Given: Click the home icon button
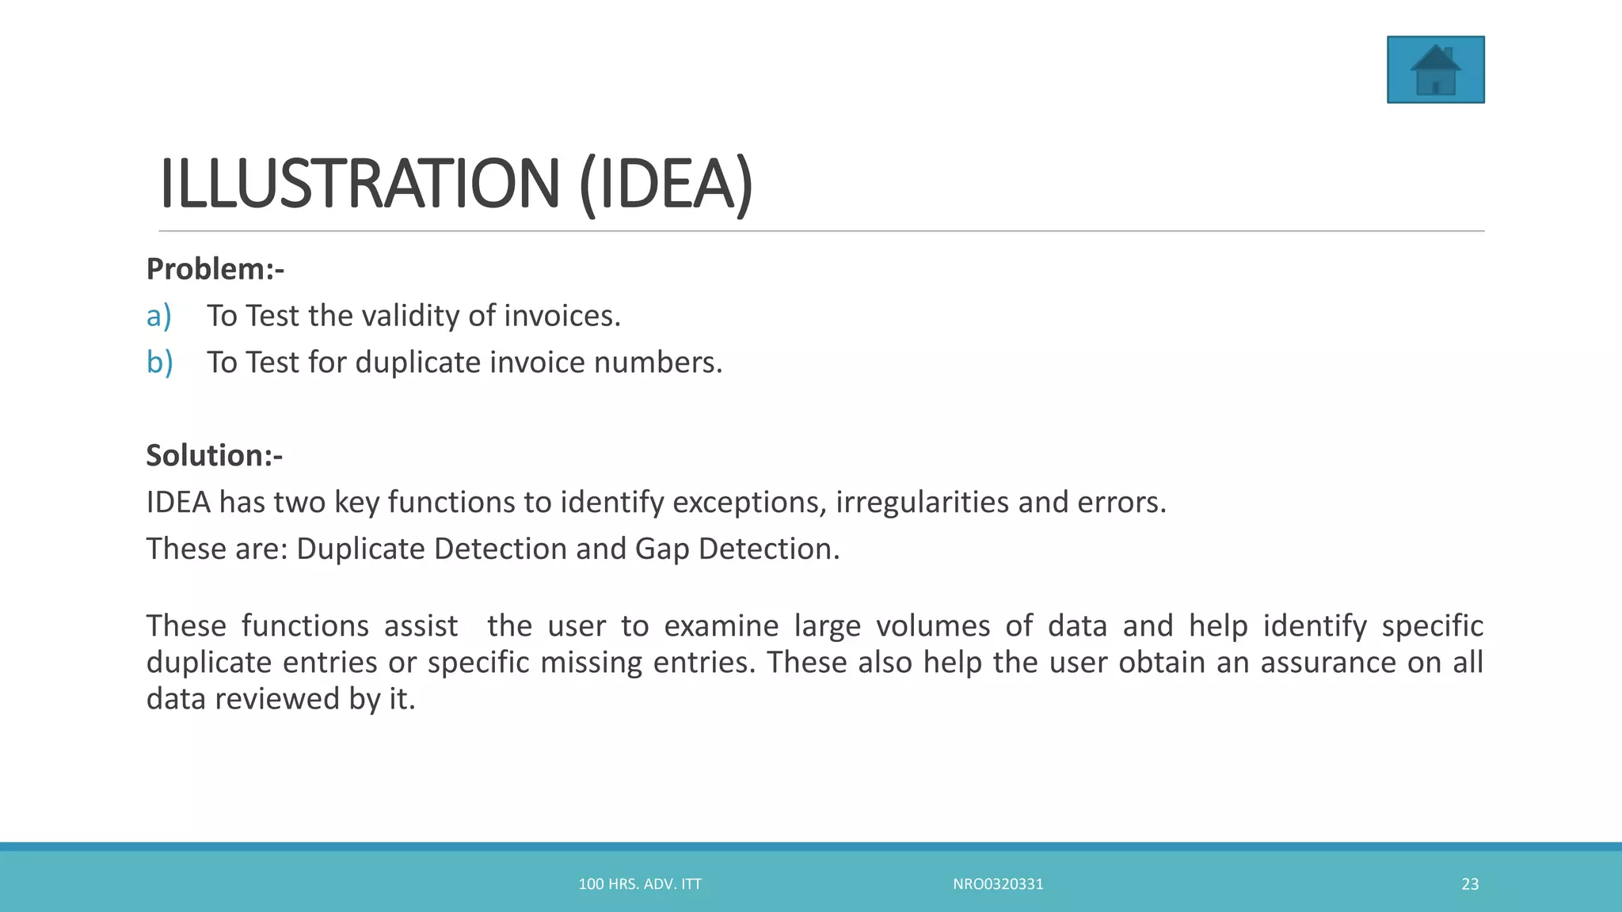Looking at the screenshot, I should point(1435,70).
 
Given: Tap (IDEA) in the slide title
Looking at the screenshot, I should point(666,184).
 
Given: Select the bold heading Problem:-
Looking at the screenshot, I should point(215,269).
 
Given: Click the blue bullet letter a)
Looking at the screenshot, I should point(158,316).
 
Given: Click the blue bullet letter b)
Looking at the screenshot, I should point(159,363).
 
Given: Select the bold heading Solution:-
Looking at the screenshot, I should point(214,455).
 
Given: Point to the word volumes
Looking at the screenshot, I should point(933,625).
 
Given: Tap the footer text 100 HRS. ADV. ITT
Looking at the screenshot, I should point(640,884).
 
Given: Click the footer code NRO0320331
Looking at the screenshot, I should point(998,884).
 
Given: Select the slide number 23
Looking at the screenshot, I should point(1470,884).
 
